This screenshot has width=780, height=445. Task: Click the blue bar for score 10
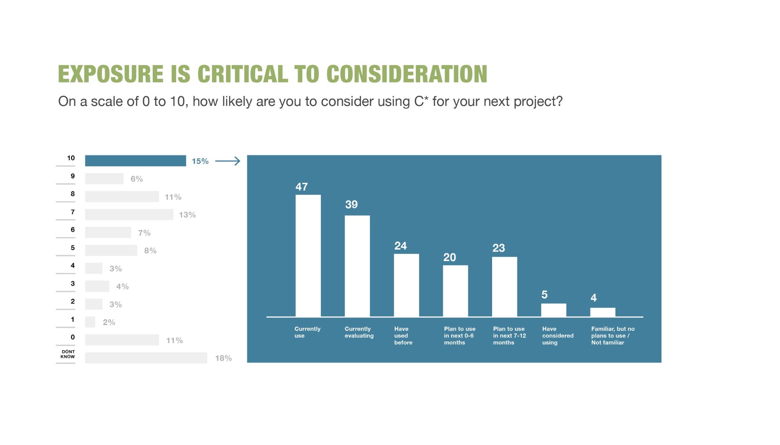point(135,161)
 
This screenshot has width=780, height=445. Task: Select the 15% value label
point(200,161)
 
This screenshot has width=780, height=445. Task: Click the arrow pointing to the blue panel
point(227,161)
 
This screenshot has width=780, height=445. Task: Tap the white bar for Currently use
point(308,256)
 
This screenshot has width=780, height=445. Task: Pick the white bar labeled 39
point(357,266)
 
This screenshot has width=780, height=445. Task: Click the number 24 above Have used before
point(400,246)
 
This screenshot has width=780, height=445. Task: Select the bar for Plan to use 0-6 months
point(455,291)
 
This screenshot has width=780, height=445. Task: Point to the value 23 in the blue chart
point(499,248)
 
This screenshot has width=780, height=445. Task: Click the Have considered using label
point(558,336)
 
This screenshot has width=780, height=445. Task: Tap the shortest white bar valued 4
point(602,312)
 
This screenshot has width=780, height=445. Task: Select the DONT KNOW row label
point(68,354)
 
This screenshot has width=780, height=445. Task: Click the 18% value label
point(224,358)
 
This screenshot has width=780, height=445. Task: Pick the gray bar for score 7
point(129,214)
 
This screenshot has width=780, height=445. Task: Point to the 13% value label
point(187,215)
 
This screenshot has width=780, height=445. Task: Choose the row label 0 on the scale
point(73,337)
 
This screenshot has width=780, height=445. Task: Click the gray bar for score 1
point(90,322)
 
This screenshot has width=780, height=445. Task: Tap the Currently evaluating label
point(359,332)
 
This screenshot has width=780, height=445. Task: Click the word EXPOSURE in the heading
point(111,74)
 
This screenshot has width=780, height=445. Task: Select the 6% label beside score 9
point(137,179)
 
